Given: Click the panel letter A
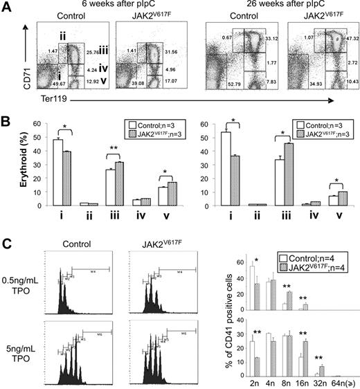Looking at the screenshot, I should [x=7, y=6].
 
